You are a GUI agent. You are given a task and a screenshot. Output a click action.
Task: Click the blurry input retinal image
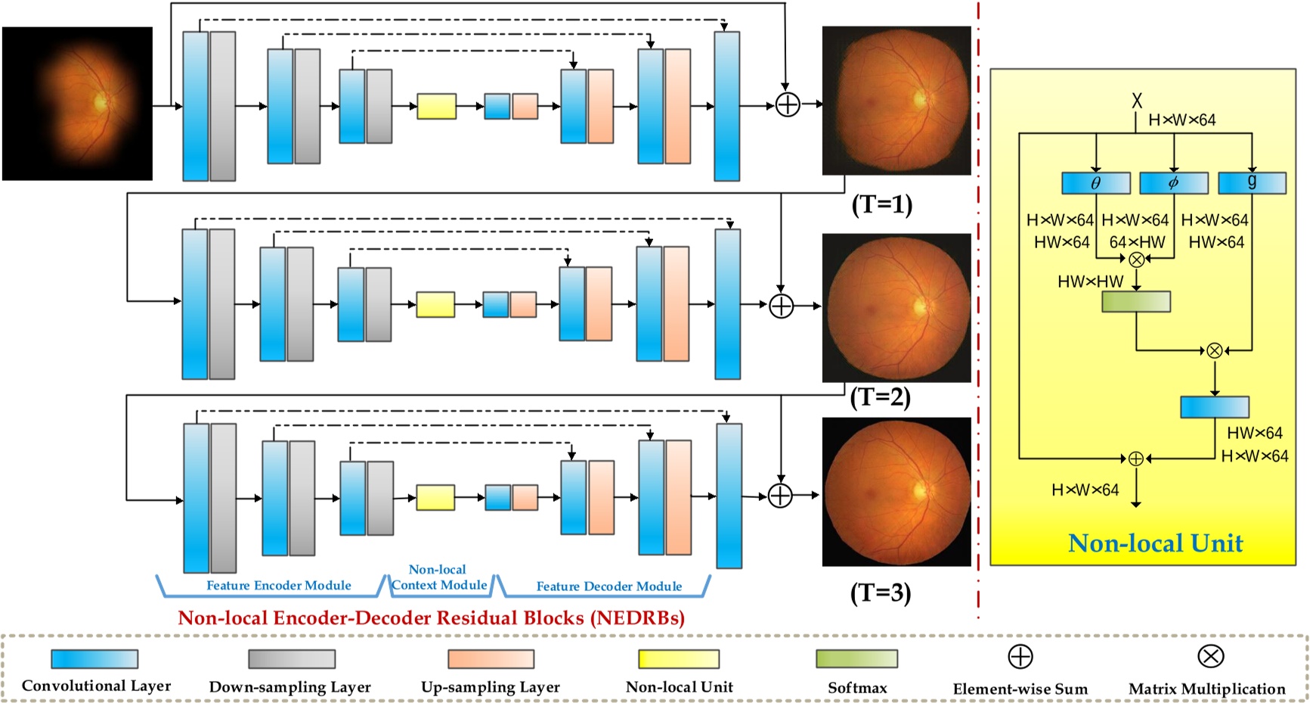point(78,104)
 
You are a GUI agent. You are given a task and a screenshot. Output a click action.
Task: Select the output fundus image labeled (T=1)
point(897,101)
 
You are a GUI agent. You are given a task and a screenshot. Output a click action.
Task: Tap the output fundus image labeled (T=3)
point(897,492)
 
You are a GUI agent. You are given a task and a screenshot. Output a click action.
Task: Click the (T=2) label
point(881,397)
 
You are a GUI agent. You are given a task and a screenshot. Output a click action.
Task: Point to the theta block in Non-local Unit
point(1096,183)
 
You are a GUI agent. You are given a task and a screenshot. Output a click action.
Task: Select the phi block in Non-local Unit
point(1173,183)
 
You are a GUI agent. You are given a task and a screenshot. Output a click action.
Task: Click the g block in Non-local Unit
point(1252,183)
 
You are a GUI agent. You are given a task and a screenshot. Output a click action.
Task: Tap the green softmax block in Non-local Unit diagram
point(1136,301)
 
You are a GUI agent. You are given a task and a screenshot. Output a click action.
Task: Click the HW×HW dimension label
point(1090,282)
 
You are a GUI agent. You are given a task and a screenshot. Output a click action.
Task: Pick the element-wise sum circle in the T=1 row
point(788,104)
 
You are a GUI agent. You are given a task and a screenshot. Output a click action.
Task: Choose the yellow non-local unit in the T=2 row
point(435,304)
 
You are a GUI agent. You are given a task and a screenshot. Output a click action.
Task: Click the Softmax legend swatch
point(856,658)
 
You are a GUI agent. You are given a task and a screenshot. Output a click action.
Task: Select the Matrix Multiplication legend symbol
point(1210,656)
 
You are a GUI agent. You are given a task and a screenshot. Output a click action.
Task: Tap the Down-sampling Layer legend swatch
point(292,658)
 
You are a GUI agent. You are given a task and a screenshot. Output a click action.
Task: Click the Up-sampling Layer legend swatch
point(491,658)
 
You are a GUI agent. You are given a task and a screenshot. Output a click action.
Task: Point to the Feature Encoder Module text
point(279,585)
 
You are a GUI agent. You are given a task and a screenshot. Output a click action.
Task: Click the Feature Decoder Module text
point(609,586)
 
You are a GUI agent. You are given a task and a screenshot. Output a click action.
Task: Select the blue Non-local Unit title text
point(1155,543)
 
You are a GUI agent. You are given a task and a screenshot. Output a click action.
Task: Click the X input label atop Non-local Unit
point(1137,100)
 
